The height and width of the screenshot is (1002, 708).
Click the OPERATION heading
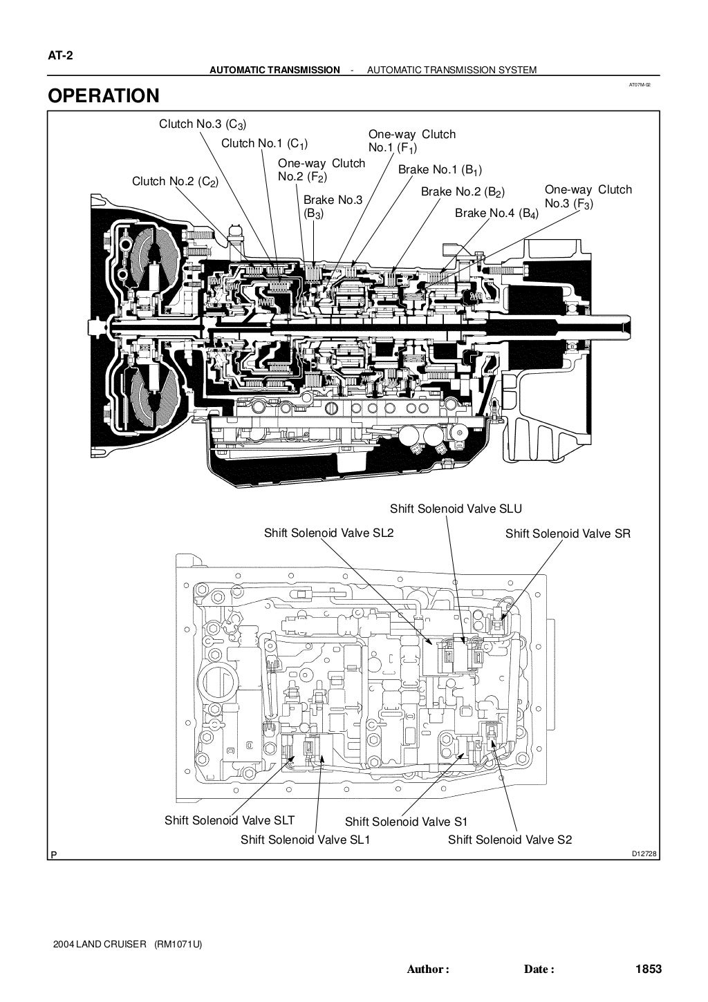(x=103, y=96)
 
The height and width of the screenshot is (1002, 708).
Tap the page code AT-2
(x=61, y=56)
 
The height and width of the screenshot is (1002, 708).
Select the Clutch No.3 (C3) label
(x=203, y=124)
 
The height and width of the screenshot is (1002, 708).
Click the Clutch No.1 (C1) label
(x=265, y=144)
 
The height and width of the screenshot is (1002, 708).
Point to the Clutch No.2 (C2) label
(x=176, y=182)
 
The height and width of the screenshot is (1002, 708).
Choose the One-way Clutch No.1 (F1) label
(x=412, y=141)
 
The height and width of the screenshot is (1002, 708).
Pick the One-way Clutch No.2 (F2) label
(x=322, y=170)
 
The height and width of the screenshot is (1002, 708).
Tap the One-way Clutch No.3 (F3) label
(x=588, y=196)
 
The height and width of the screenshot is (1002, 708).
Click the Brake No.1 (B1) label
(x=440, y=170)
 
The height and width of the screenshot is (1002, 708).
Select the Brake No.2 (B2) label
(x=463, y=192)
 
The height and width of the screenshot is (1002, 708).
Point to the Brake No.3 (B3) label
(x=333, y=207)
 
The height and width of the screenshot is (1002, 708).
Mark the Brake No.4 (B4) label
(x=496, y=214)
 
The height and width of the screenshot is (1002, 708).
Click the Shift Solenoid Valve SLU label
(x=456, y=509)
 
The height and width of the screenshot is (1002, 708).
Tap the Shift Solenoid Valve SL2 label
(x=329, y=533)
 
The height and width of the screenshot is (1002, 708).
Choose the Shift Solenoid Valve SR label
(x=568, y=533)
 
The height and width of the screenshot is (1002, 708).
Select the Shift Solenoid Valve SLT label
(x=230, y=820)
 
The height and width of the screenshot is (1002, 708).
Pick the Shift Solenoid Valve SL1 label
(x=306, y=840)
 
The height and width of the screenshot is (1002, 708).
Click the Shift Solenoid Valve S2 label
(x=510, y=840)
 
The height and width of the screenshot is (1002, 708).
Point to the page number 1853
(x=649, y=970)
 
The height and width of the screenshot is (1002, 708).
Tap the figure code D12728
(x=644, y=854)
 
